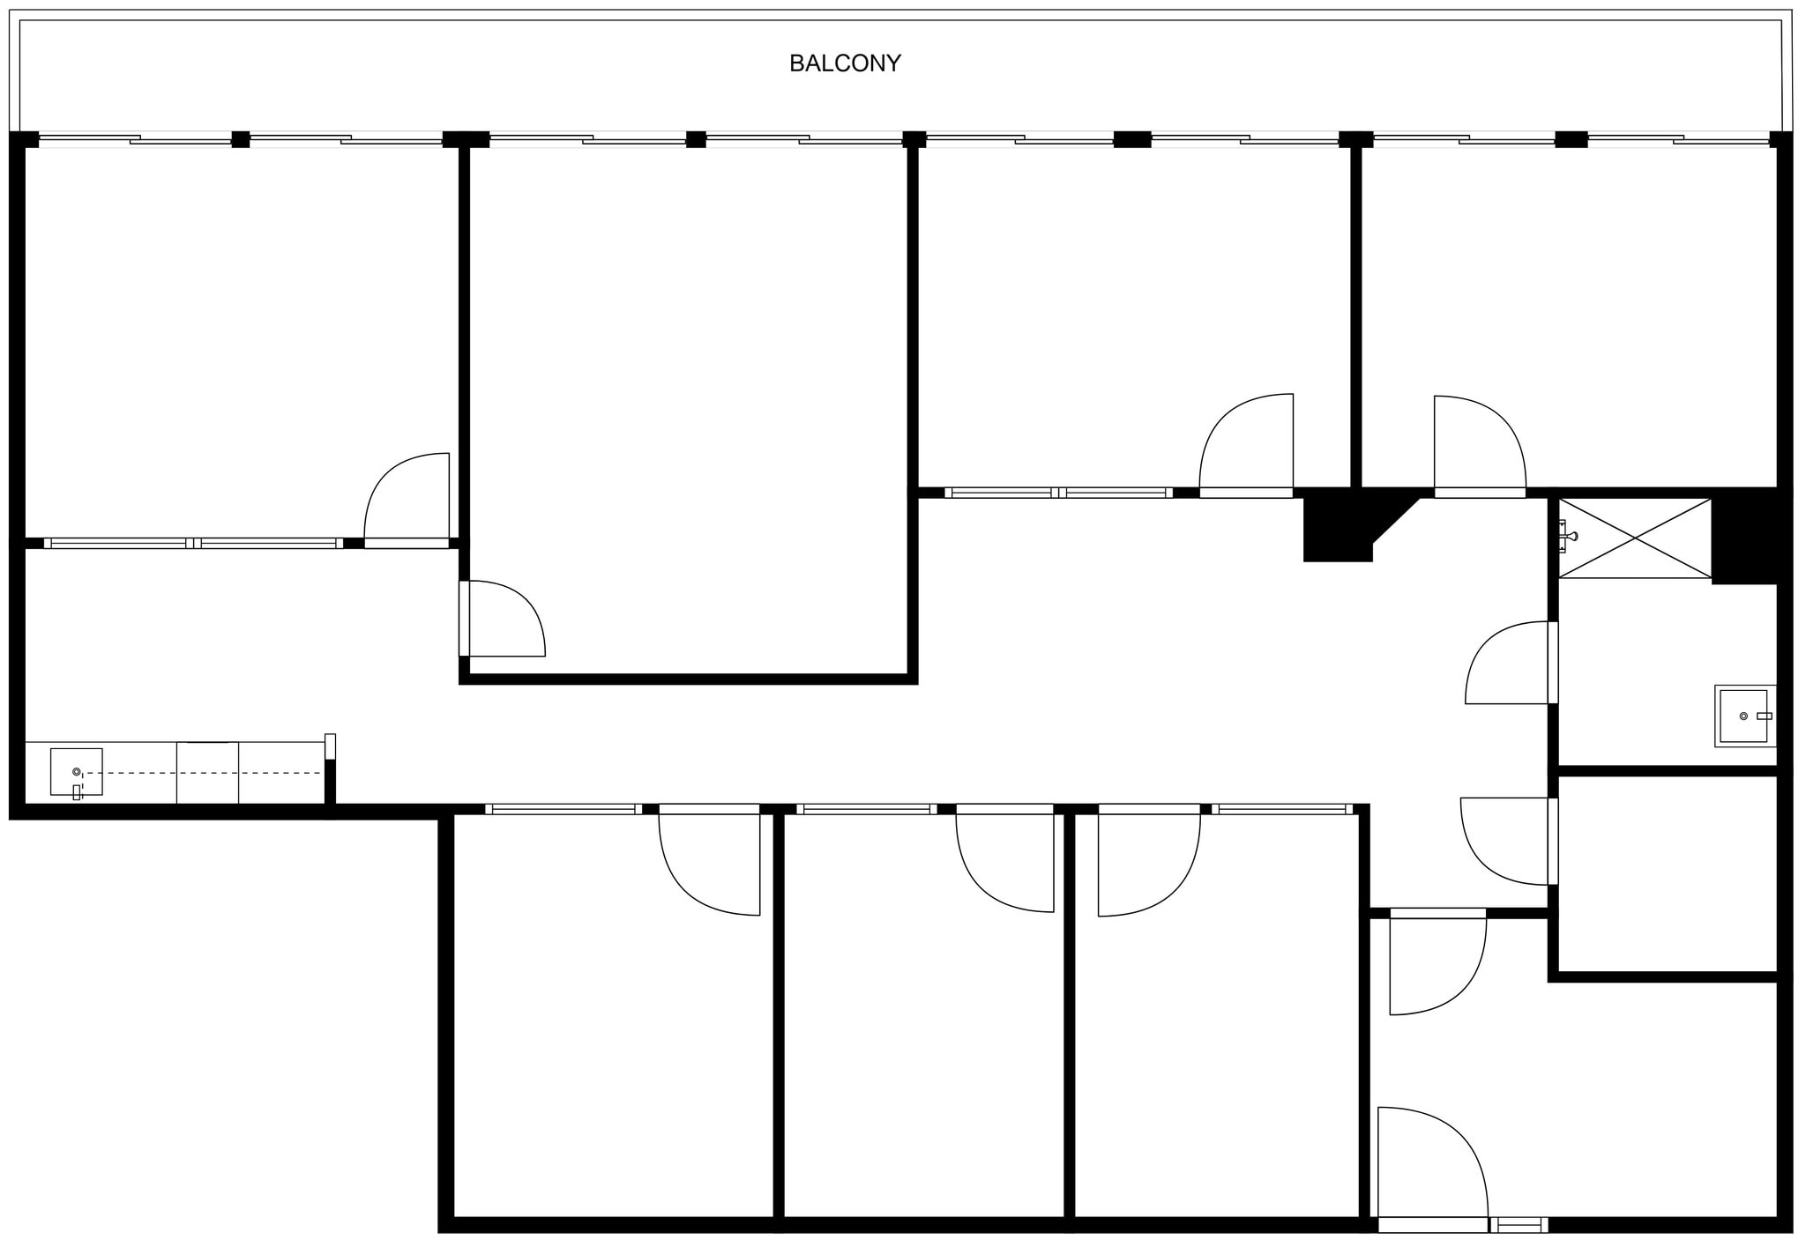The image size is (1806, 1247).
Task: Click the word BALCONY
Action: click(x=844, y=63)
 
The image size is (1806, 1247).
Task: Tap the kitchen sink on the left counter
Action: click(x=77, y=772)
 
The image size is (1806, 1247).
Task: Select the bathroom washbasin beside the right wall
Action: click(x=1744, y=716)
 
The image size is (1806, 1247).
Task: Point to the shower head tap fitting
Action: click(x=1567, y=536)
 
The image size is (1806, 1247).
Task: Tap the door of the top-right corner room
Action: click(x=1478, y=445)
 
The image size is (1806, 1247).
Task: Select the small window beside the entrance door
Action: click(x=1519, y=1225)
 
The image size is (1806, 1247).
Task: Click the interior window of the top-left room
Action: click(x=194, y=544)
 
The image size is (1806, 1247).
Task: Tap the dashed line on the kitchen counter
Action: click(x=203, y=773)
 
